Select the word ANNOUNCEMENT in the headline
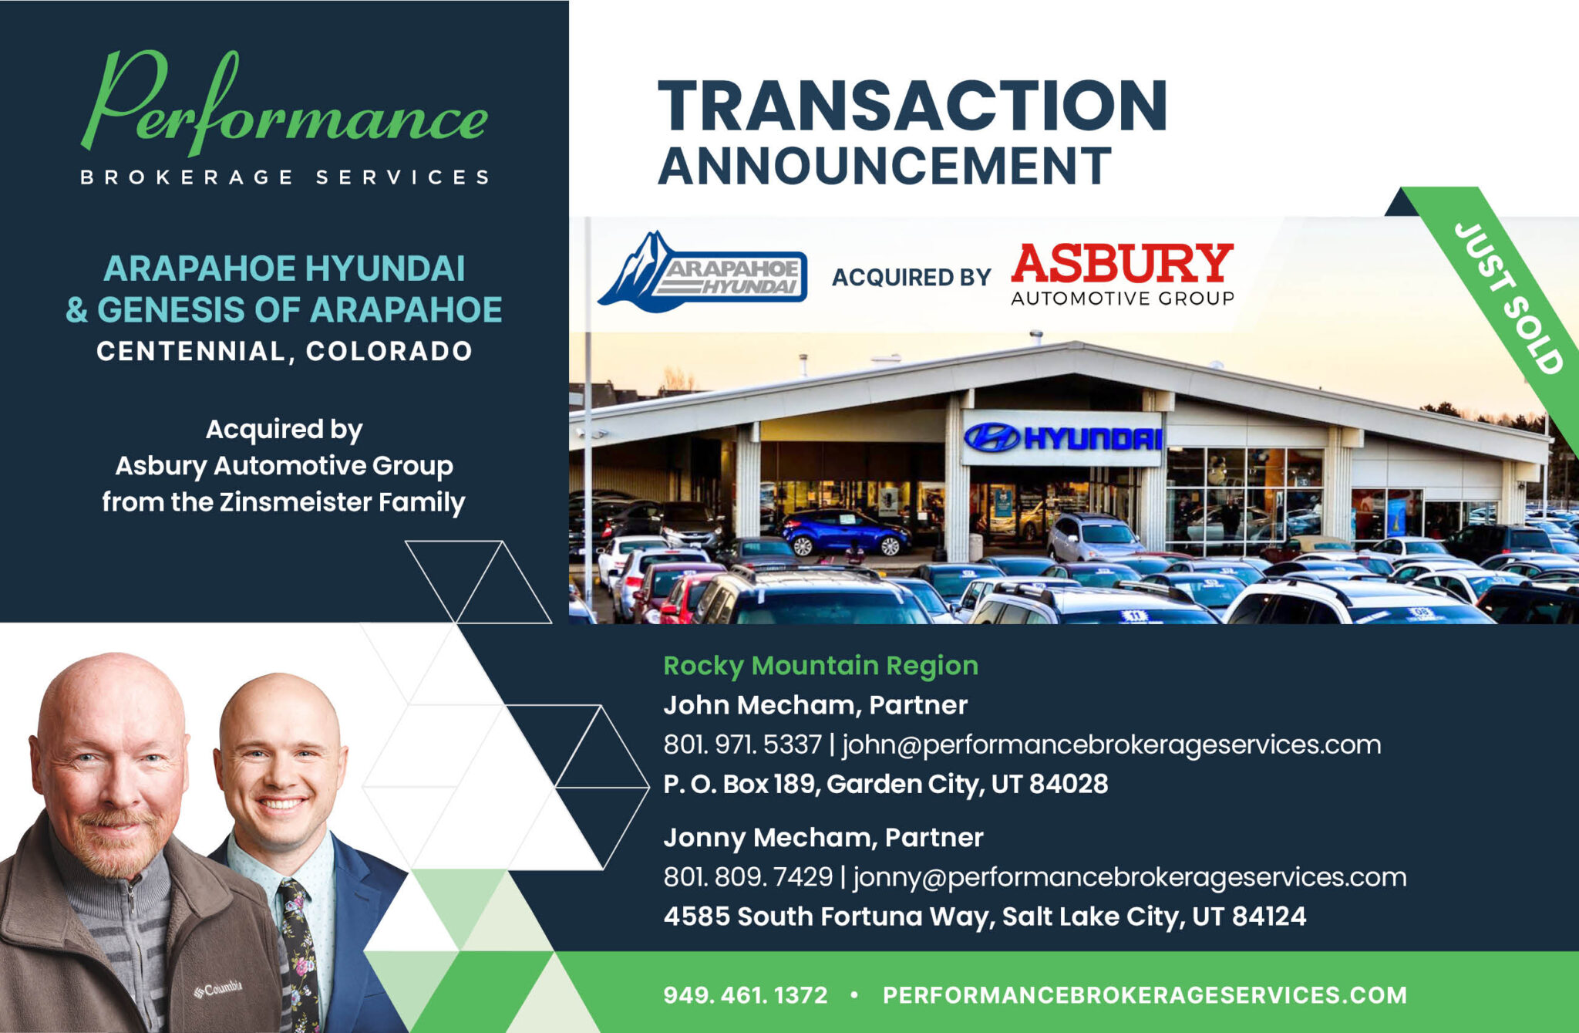885,166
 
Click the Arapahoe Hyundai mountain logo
702,272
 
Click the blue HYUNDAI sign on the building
1063,437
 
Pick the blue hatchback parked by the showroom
845,531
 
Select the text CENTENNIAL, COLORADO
284,351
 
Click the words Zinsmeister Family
342,501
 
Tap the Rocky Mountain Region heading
820,665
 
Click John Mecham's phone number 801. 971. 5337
742,744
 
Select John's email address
1111,745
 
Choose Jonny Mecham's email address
1130,878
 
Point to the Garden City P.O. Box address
885,784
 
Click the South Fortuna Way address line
985,917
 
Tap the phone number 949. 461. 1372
746,995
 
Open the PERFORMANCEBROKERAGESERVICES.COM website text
1145,995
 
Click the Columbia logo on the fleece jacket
218,988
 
